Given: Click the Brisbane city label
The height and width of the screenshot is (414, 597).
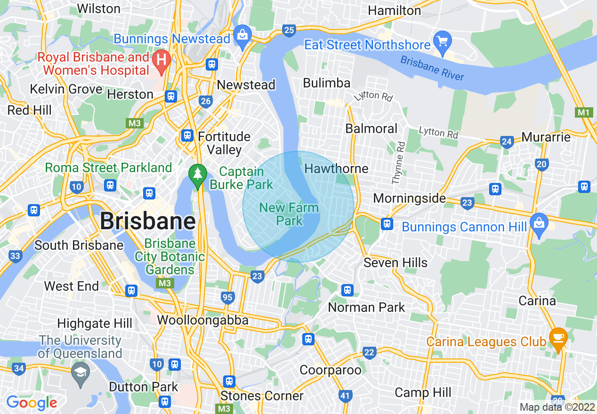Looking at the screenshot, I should [148, 221].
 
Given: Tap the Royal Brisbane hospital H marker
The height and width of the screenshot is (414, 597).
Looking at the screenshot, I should [162, 61].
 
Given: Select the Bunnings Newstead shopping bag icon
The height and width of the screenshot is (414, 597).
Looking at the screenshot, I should [243, 35].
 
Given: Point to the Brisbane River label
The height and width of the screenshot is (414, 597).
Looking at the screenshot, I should [432, 69].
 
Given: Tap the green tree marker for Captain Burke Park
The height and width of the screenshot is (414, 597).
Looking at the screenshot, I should [198, 174].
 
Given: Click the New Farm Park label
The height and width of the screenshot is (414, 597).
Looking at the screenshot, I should [289, 214].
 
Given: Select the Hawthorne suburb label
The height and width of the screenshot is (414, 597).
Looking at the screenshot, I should [336, 168].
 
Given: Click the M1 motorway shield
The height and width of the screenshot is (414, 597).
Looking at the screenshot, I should [584, 112].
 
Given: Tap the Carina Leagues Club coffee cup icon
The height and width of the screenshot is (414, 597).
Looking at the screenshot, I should [558, 338].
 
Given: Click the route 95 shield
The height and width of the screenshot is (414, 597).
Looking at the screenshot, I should [227, 297].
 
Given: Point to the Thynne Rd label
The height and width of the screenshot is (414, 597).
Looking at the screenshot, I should [398, 163].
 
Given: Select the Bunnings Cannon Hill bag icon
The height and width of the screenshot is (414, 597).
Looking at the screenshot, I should [539, 222].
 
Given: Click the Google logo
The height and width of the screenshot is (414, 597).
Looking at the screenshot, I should [32, 403].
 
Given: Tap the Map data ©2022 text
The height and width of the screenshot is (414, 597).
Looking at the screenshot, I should [557, 407].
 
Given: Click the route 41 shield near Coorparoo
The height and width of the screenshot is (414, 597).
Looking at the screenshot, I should [345, 396].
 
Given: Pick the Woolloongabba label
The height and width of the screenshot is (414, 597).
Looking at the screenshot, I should [202, 320].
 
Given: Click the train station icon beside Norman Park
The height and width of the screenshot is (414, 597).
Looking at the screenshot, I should [347, 290].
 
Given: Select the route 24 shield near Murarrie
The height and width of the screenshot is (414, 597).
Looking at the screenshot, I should [507, 142].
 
